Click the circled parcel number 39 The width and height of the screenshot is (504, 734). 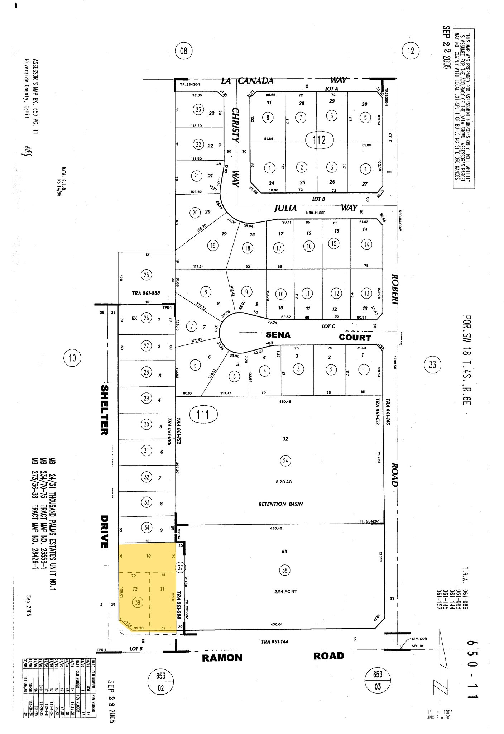pos(138,602)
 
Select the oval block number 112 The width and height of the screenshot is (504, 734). pos(319,139)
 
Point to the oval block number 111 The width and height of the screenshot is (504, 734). pos(202,415)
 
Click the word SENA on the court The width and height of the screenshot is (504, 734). pos(278,335)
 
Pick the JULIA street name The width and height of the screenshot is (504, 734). pos(285,208)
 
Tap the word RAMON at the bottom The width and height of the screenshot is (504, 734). pos(222,658)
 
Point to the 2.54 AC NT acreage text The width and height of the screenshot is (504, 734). pos(285,592)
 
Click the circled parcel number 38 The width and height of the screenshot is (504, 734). pos(285,570)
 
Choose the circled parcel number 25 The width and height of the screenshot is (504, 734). pos(147,275)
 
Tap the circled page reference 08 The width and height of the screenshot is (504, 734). pos(183,51)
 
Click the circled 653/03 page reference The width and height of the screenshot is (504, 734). pos(378,680)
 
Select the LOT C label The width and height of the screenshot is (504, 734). pos(328,327)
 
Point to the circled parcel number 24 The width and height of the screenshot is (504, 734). pos(285,461)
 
